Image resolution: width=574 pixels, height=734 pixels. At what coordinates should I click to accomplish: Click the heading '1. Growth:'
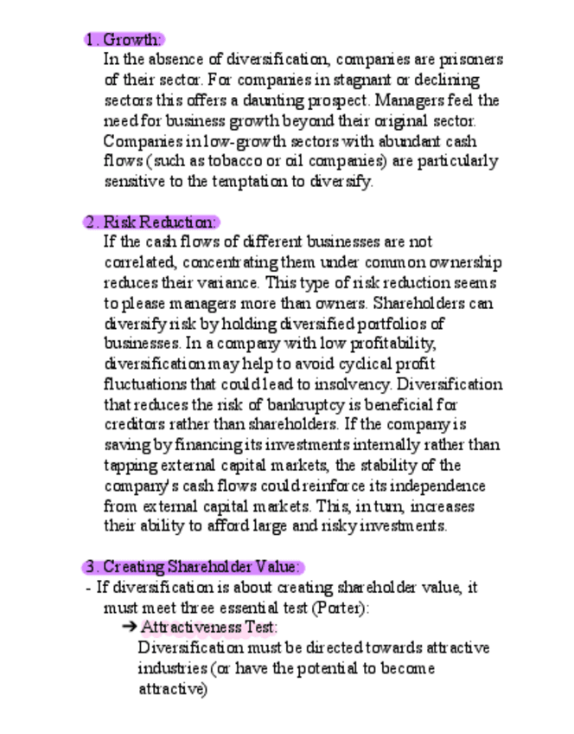pos(124,39)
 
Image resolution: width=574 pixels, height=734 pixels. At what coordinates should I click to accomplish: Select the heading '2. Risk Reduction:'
pos(151,222)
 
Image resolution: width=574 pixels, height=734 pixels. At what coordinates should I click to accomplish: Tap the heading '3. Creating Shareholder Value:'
pos(195,567)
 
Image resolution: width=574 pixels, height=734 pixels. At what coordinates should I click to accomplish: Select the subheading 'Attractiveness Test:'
pos(209,628)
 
